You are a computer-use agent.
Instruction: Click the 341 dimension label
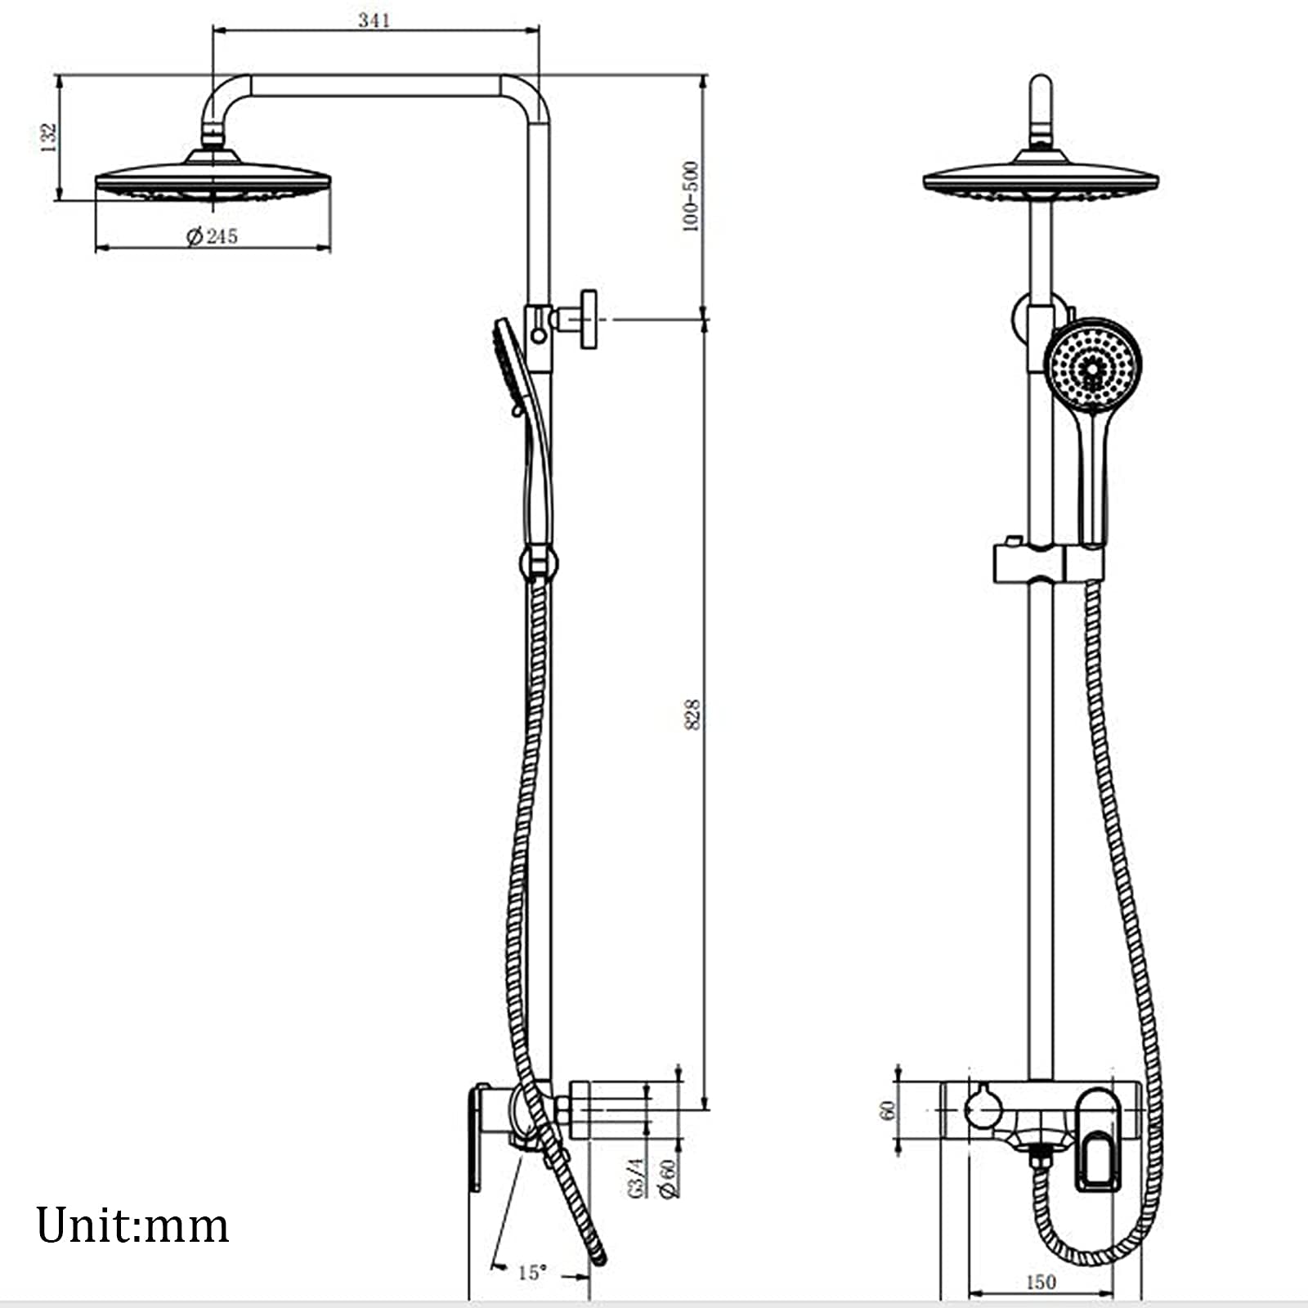pos(374,20)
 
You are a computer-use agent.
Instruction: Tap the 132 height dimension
pos(48,137)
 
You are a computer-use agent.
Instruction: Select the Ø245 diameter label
pos(212,236)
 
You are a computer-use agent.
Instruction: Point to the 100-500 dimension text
pos(691,196)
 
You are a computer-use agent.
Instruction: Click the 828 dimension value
pos(692,714)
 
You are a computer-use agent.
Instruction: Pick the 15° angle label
pos(531,1272)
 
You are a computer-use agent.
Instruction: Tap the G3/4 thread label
pos(638,1178)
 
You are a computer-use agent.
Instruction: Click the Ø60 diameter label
pos(669,1178)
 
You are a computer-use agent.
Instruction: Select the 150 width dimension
pos(1041,1282)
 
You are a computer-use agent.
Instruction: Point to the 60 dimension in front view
pos(887,1110)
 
